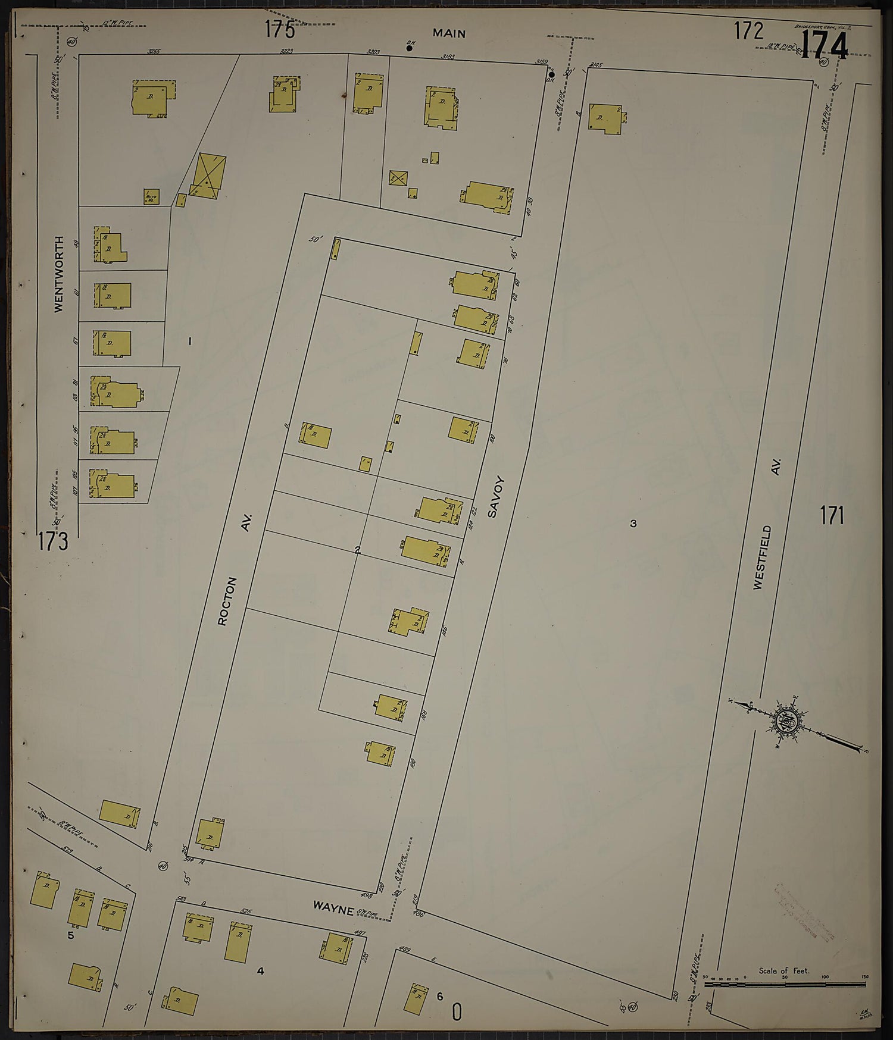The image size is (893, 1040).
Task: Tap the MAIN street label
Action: tap(449, 34)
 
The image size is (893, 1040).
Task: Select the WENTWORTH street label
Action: tap(58, 274)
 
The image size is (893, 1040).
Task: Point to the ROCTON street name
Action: tap(228, 601)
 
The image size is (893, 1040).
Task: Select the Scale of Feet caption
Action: tap(783, 971)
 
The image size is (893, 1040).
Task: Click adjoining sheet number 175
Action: tap(280, 30)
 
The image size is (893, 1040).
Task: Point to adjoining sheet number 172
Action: tap(748, 30)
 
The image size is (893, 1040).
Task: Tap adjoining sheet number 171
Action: tap(832, 516)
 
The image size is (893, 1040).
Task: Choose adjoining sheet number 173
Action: tap(53, 541)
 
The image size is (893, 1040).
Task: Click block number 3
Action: tap(633, 524)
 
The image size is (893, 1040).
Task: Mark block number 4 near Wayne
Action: tap(260, 972)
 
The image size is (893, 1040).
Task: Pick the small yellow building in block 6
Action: tap(416, 998)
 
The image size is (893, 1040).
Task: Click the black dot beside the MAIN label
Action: tap(409, 48)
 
